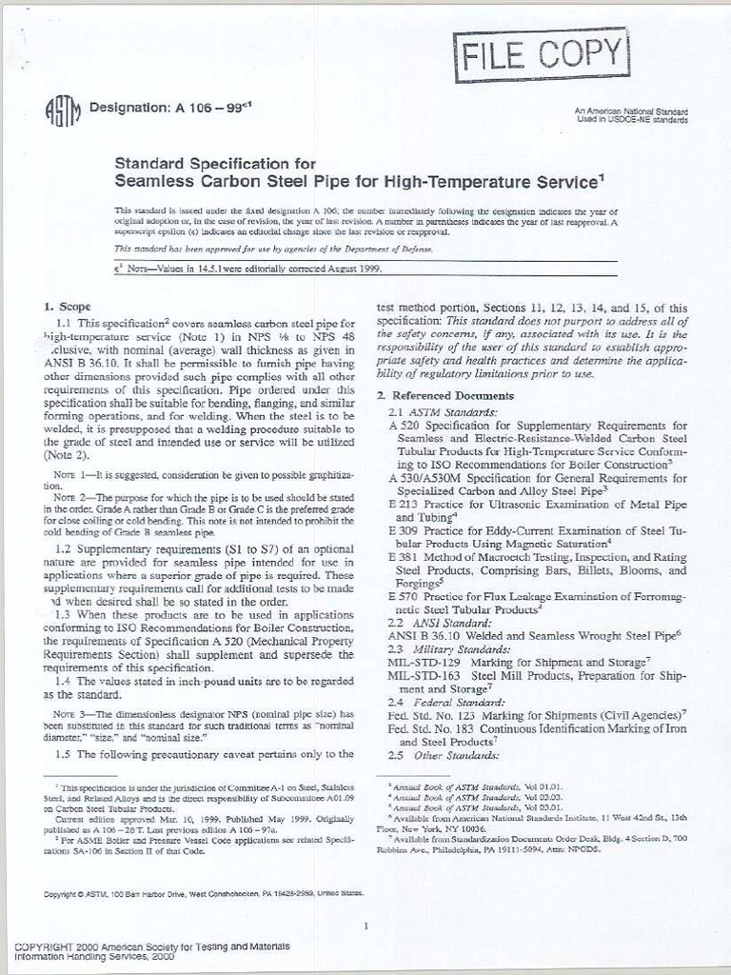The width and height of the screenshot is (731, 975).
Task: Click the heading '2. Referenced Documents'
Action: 445,395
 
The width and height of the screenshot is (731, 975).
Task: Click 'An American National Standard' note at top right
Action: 630,112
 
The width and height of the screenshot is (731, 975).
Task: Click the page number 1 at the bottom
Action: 366,925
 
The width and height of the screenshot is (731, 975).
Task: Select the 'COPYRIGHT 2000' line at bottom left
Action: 152,946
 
